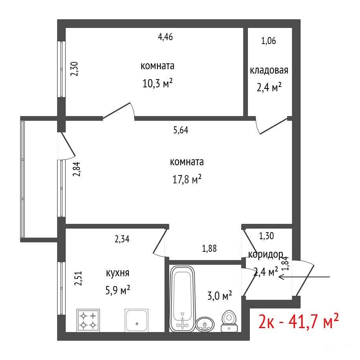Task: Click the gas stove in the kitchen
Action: [x=88, y=320]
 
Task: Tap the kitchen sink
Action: [x=137, y=320]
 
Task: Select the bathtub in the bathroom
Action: [x=183, y=299]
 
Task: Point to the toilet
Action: [x=229, y=321]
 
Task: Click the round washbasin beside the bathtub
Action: [x=205, y=324]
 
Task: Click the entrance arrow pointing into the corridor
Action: [x=304, y=277]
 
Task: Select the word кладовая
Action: [x=269, y=70]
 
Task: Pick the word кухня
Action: [x=118, y=273]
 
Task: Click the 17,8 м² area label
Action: [x=187, y=179]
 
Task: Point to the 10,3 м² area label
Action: [x=157, y=83]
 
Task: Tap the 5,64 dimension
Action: [x=181, y=130]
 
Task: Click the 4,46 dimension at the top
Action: [x=165, y=37]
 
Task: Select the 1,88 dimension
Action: [x=209, y=248]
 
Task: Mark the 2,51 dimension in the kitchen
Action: [x=78, y=278]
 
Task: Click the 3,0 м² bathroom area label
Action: [x=220, y=296]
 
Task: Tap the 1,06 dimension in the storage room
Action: [x=268, y=41]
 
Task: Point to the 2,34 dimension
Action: [x=122, y=239]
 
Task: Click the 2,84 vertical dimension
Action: [x=76, y=169]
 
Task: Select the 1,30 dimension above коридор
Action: [x=266, y=236]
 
